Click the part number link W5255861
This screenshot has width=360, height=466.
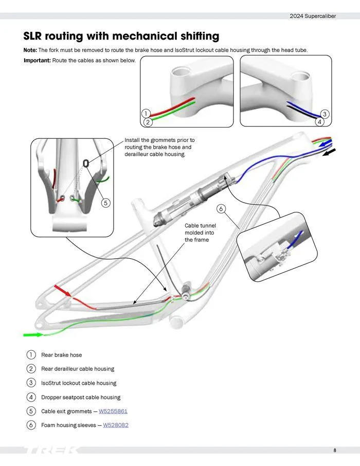(x=113, y=411)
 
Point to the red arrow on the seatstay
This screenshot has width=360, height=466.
(x=63, y=291)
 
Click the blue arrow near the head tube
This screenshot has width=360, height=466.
(x=326, y=143)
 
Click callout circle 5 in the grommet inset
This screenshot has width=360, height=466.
(x=105, y=203)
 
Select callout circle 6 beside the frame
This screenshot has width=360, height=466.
(x=221, y=209)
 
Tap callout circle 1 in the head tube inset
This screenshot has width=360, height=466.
(x=146, y=114)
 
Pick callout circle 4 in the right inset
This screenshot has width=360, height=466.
(x=319, y=122)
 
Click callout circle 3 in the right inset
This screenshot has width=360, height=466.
(x=325, y=114)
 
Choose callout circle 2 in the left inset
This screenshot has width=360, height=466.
(x=148, y=122)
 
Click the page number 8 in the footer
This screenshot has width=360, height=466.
(x=335, y=451)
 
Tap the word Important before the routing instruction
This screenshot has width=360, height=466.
(x=37, y=61)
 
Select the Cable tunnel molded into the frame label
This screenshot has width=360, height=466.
(x=200, y=232)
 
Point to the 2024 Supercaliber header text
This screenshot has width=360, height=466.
(x=313, y=16)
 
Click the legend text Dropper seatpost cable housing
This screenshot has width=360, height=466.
(x=81, y=397)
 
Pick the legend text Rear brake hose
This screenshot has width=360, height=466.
(x=61, y=355)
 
